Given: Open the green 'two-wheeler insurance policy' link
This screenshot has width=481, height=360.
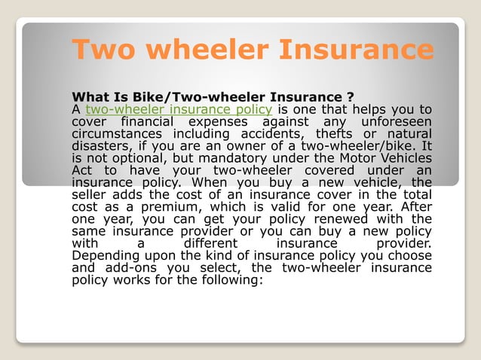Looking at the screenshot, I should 179,110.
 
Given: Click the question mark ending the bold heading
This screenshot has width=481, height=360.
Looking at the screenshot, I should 351,97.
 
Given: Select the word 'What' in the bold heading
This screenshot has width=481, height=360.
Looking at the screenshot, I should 89,97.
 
